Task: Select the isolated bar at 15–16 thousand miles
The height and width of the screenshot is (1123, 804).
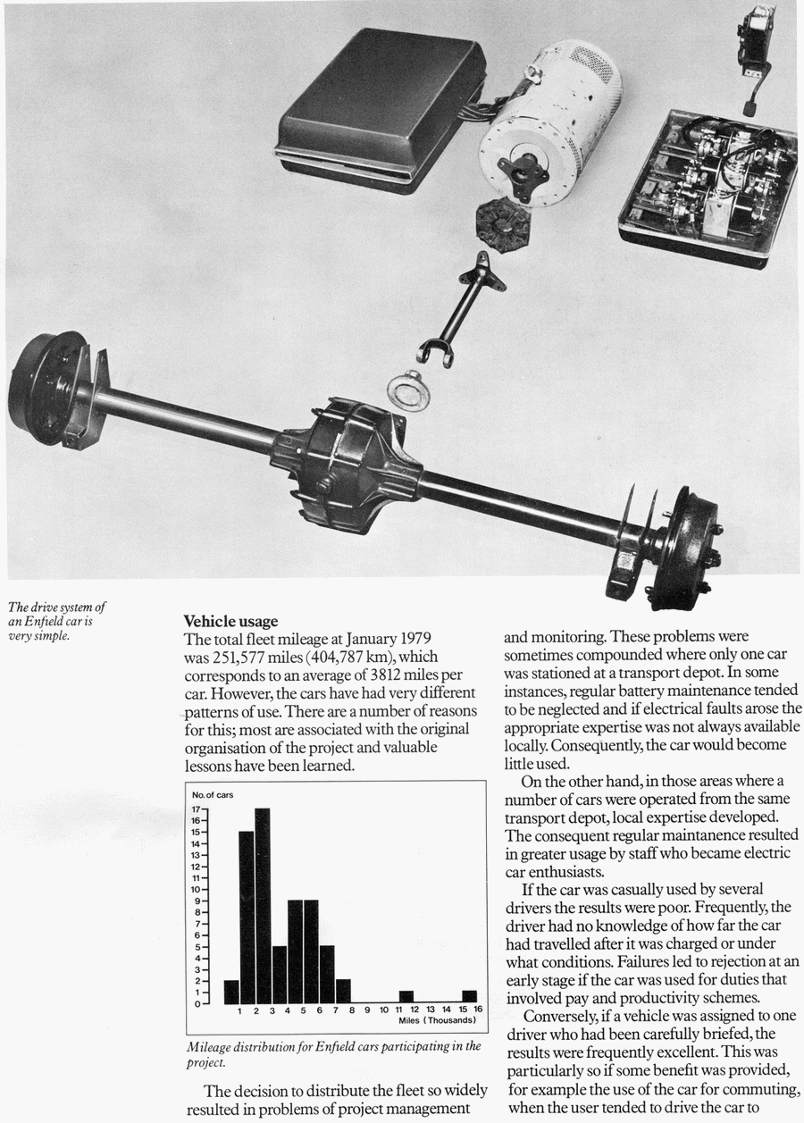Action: coord(469,997)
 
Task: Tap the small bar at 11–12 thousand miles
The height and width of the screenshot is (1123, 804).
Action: coord(406,997)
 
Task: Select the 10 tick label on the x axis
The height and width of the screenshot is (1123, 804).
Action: coord(383,1010)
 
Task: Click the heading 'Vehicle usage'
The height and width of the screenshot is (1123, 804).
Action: coord(230,621)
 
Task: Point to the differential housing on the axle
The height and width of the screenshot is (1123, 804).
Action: coord(347,464)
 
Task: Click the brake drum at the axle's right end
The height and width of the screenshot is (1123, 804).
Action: coord(686,547)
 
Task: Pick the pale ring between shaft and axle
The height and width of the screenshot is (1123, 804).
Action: coord(409,390)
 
